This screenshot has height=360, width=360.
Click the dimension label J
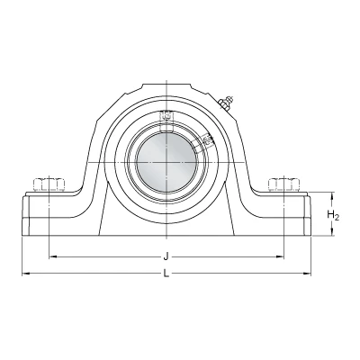(x=166, y=256)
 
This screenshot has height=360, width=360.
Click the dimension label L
(x=166, y=274)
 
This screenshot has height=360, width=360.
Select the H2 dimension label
(x=333, y=215)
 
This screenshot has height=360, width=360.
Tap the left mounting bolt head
(x=49, y=184)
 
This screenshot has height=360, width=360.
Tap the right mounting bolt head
(x=283, y=184)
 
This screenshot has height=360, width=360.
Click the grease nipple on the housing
(x=226, y=102)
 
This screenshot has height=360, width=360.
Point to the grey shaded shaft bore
(x=166, y=163)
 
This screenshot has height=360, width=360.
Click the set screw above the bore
(x=166, y=116)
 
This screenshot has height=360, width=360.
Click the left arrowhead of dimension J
(x=52, y=256)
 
